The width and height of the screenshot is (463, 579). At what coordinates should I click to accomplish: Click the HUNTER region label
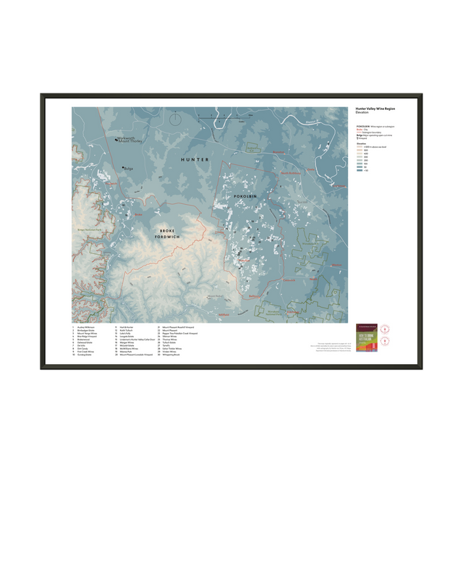[x=195, y=159]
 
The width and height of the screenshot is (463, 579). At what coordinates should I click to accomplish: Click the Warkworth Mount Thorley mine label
[x=129, y=142]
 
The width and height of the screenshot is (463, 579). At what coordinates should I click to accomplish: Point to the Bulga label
[x=129, y=169]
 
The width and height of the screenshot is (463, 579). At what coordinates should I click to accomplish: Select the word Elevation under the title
[x=363, y=114]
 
